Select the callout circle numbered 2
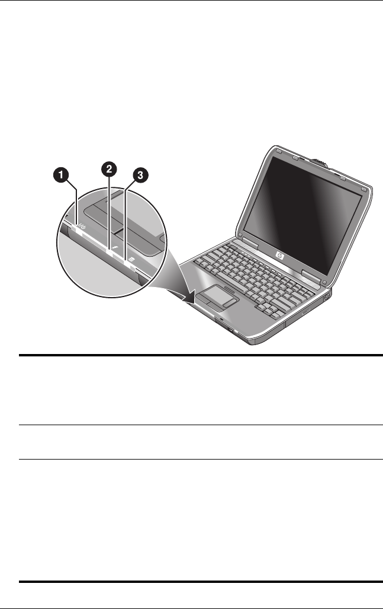[108, 170]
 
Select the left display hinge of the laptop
[247, 244]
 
